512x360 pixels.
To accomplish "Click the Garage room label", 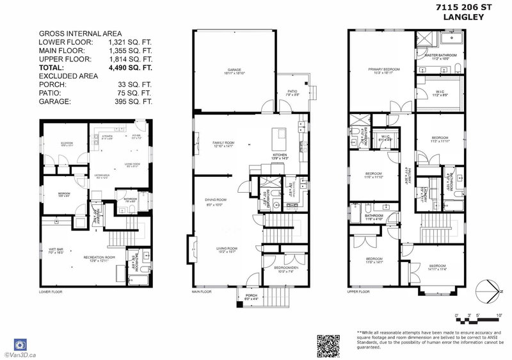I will pos(224,69).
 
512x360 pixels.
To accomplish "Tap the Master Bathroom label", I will pos(442,56).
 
